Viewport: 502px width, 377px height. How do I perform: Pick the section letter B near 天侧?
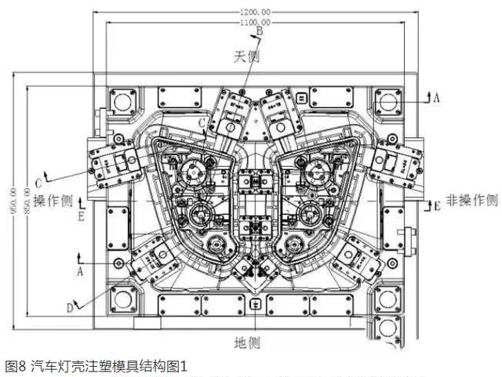click(x=249, y=31)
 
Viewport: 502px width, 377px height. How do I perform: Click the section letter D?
click(x=70, y=307)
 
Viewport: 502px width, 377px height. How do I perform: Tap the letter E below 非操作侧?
click(x=437, y=206)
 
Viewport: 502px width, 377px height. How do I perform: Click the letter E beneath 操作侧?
click(x=81, y=213)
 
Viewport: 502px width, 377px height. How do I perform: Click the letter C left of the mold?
click(x=38, y=173)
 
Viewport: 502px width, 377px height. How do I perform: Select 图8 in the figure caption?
click(x=16, y=366)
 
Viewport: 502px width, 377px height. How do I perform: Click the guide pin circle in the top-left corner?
click(x=122, y=101)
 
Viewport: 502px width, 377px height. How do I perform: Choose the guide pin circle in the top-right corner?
click(x=385, y=101)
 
